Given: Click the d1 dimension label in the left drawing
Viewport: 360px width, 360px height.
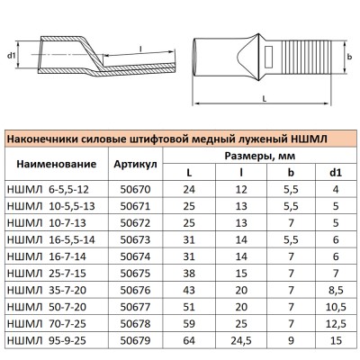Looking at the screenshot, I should tap(12, 57).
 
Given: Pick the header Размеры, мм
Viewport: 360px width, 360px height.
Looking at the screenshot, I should tap(268, 157).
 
